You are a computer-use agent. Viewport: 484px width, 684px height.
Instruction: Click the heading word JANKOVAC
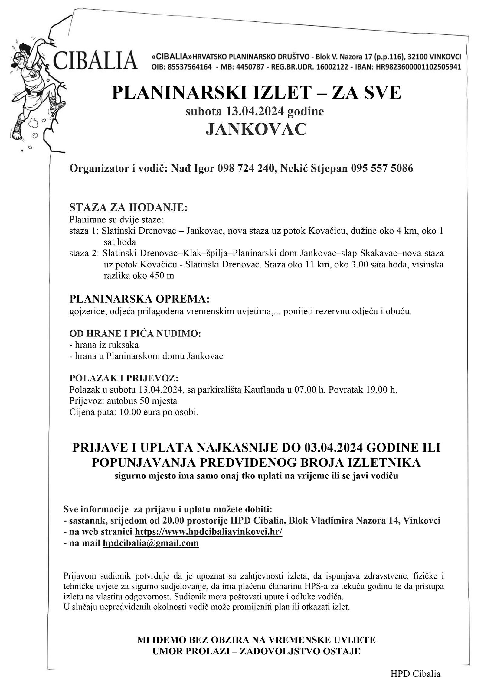tap(256, 130)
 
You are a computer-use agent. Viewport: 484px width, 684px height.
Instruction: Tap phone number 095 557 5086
tap(382, 169)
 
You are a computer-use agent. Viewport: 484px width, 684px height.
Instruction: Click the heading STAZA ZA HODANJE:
tap(129, 208)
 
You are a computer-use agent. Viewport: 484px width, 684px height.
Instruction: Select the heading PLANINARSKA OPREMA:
tap(139, 299)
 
